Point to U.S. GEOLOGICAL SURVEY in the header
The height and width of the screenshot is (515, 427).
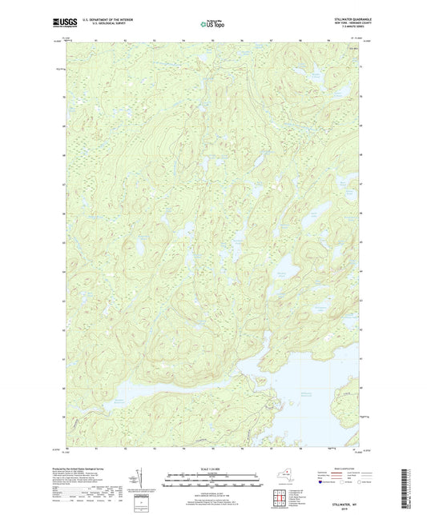(x=99, y=25)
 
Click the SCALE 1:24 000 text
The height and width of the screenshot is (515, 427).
(x=213, y=469)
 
